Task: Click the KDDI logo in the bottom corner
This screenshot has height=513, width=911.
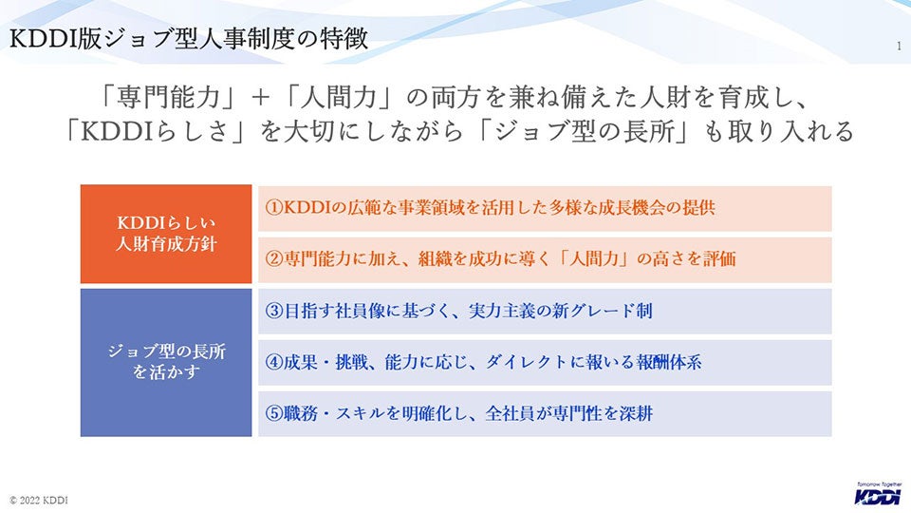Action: pyautogui.click(x=878, y=494)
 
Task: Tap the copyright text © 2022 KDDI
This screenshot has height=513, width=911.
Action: pyautogui.click(x=39, y=501)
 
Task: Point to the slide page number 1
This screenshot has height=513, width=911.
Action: pyautogui.click(x=899, y=47)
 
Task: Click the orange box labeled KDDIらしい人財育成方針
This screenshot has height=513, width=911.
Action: pyautogui.click(x=166, y=234)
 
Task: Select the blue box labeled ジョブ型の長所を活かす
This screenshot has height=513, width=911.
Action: pyautogui.click(x=166, y=362)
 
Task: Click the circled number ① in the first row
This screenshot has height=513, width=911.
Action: pyautogui.click(x=273, y=208)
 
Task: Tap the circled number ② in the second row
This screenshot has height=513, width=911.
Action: pyautogui.click(x=273, y=259)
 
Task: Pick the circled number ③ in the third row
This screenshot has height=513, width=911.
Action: pyautogui.click(x=273, y=312)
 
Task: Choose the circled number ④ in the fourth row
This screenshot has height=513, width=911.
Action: pyautogui.click(x=273, y=362)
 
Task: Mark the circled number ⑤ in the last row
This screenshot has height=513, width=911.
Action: pyautogui.click(x=273, y=413)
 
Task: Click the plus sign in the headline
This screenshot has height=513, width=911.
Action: pyautogui.click(x=262, y=97)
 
